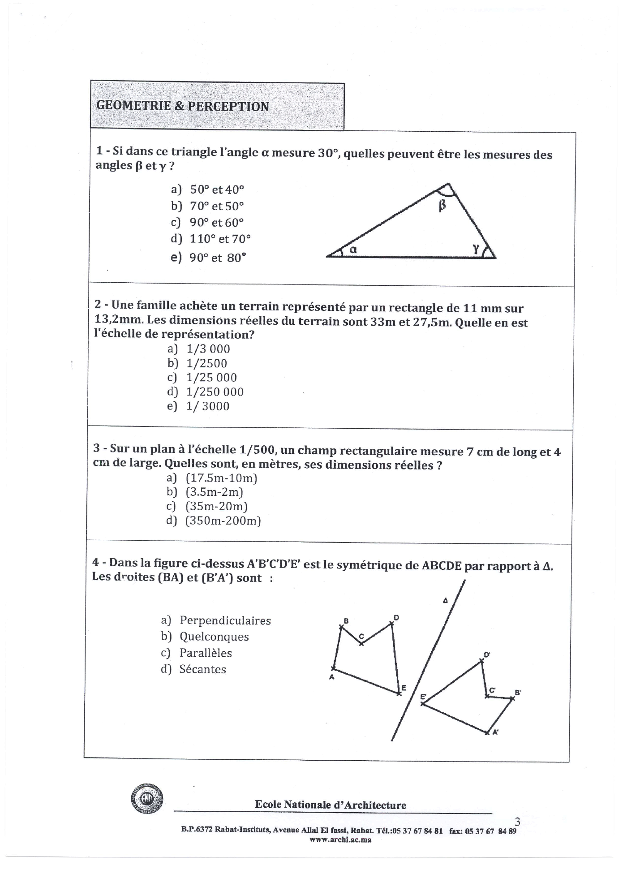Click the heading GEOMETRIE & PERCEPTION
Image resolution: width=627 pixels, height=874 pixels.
(x=183, y=106)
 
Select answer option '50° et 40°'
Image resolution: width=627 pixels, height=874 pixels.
(x=217, y=189)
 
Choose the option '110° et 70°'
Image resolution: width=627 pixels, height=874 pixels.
(x=220, y=238)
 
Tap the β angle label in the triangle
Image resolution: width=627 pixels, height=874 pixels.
(x=442, y=206)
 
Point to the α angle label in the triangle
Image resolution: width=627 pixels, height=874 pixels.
(x=353, y=250)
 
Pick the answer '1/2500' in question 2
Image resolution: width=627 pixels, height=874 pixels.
(x=206, y=363)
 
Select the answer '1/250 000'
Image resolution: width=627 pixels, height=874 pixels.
(x=215, y=392)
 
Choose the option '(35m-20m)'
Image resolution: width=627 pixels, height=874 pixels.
(x=216, y=506)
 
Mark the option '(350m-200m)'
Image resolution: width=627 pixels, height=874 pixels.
(x=223, y=521)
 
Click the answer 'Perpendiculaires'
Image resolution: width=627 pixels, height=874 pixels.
(x=225, y=620)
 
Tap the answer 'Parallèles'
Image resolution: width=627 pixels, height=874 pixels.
(x=206, y=653)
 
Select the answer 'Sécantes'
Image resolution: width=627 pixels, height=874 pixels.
(x=202, y=669)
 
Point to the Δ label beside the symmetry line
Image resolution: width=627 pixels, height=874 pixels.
(x=445, y=600)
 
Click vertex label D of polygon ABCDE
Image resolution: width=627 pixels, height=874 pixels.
(x=396, y=618)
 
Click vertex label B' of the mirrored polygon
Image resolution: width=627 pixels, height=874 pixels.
(x=518, y=692)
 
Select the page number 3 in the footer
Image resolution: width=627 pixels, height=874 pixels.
(x=518, y=822)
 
